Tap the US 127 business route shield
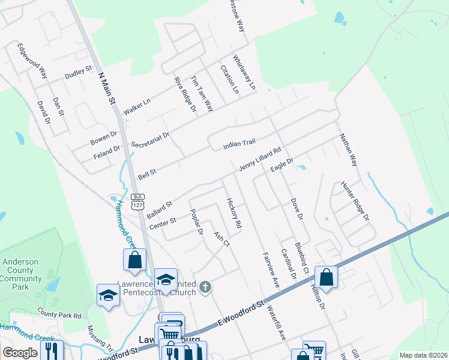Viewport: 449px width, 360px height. (138, 202)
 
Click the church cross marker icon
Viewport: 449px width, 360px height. (205, 287)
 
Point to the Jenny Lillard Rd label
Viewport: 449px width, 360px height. (260, 160)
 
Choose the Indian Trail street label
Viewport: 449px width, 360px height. (240, 145)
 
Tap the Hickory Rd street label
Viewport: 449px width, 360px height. (234, 213)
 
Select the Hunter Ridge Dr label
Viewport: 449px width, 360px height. (354, 200)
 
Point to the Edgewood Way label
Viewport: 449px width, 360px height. (32, 61)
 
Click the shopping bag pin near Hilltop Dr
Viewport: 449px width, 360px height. (326, 278)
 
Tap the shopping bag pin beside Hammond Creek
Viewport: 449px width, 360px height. (134, 260)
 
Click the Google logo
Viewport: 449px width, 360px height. (20, 353)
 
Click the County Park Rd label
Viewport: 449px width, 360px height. (59, 314)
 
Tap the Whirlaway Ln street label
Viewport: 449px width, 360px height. (244, 73)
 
